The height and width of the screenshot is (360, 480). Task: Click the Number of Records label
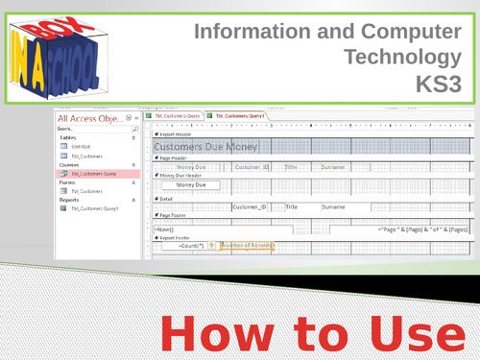click(x=249, y=247)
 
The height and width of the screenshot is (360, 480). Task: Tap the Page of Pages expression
click(x=420, y=230)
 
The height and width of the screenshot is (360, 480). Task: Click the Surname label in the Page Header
click(x=332, y=166)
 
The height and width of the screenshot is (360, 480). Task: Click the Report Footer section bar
click(x=179, y=238)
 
